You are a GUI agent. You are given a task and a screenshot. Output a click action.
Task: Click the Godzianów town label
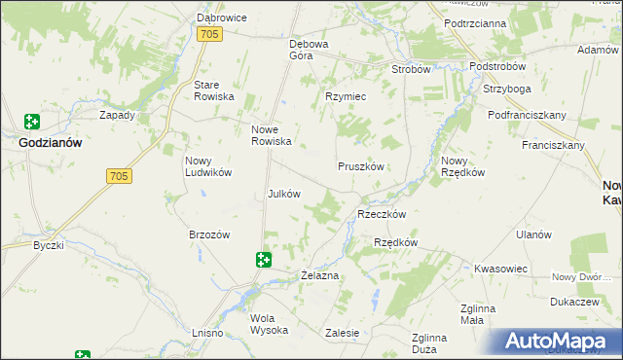[50, 142]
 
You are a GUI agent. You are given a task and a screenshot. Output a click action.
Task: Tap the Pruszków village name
[362, 166]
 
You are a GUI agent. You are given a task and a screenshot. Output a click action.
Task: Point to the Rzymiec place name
[345, 96]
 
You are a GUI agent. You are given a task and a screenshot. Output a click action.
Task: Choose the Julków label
[283, 194]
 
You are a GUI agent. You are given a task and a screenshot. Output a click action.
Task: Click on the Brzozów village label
[208, 234]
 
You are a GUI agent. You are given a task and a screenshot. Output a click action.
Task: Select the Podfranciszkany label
[527, 115]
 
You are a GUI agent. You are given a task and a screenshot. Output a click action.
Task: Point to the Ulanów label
[533, 234]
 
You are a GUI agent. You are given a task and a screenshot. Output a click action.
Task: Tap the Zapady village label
[118, 114]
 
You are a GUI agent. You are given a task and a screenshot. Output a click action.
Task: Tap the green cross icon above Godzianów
[32, 122]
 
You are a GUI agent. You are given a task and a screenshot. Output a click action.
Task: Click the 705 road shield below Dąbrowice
[210, 34]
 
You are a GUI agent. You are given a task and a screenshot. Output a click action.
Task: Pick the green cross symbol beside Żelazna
[263, 259]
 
